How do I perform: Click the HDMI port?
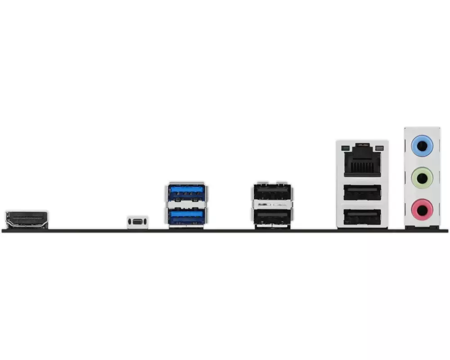(26, 219)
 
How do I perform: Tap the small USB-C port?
(137, 221)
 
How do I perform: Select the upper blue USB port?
(187, 192)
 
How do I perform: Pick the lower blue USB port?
(187, 216)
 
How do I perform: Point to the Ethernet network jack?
(362, 160)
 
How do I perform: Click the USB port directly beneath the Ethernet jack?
(362, 193)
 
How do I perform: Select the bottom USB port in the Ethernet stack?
(362, 217)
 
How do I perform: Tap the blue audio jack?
(422, 145)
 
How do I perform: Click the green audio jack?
(422, 178)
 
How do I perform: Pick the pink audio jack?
(422, 209)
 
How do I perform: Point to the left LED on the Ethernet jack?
(346, 148)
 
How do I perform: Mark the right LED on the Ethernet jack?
(379, 148)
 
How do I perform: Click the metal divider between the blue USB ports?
(187, 204)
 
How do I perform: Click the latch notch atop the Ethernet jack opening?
(362, 146)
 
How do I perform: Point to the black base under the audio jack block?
(422, 228)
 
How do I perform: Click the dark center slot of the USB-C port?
(137, 221)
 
